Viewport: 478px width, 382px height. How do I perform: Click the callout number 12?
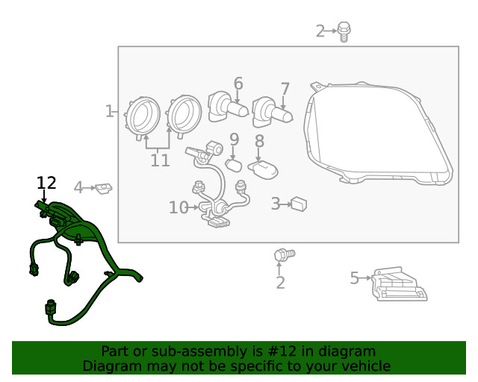tap(46, 183)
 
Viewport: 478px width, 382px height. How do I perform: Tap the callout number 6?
tap(238, 84)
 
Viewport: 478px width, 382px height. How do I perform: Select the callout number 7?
tap(285, 90)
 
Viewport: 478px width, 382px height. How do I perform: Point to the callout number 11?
tap(161, 160)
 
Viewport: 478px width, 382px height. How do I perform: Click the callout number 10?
tap(179, 207)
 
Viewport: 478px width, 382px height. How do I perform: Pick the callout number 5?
tap(355, 278)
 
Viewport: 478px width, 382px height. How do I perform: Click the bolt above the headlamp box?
tap(344, 31)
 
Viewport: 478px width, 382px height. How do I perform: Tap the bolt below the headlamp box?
tap(285, 254)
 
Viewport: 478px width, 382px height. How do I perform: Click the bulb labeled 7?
tap(272, 113)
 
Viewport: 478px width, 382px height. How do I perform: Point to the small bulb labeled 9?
tap(234, 166)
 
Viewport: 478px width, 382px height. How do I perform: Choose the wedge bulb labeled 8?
tap(263, 170)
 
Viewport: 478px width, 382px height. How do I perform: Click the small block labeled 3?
tap(299, 204)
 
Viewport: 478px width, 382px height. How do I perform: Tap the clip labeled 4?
tap(103, 188)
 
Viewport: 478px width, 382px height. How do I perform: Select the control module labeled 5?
tap(399, 284)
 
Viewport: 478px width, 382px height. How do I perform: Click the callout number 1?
tap(109, 111)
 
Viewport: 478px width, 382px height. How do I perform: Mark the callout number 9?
tap(234, 140)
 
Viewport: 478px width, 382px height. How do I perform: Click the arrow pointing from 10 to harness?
tap(193, 207)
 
